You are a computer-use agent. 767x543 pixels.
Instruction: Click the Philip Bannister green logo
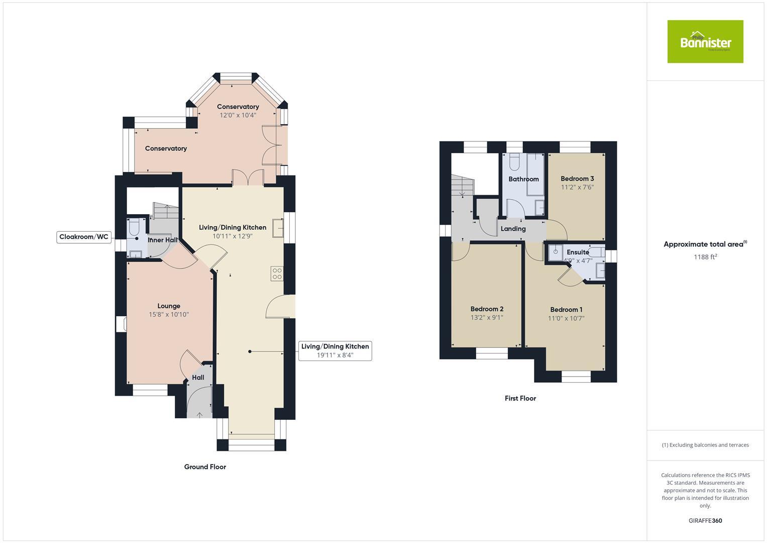[x=705, y=42]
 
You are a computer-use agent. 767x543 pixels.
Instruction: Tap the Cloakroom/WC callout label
[x=83, y=237]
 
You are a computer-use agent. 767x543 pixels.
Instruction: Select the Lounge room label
[x=169, y=306]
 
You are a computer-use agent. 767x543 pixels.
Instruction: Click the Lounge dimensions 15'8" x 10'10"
[x=169, y=315]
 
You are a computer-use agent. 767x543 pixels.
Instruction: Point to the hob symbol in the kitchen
[x=277, y=274]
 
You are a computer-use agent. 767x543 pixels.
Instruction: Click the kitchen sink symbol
[x=278, y=228]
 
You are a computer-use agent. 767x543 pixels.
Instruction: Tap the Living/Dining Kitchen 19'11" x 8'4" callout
[x=335, y=350]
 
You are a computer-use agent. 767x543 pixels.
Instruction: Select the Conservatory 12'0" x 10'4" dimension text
[x=238, y=115]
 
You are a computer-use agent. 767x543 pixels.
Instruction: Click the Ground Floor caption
[x=205, y=467]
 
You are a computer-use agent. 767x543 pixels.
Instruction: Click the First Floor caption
[x=520, y=398]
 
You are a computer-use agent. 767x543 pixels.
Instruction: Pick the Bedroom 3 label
[x=577, y=178]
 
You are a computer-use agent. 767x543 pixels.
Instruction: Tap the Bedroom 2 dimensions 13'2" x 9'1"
[x=487, y=318]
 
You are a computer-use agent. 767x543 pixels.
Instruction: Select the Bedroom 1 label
[x=566, y=310]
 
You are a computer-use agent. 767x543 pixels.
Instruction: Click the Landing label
[x=513, y=229]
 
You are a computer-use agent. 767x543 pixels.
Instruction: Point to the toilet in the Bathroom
[x=514, y=162]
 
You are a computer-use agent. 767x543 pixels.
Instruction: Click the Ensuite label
[x=578, y=252]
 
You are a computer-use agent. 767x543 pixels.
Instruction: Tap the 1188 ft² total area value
[x=705, y=257]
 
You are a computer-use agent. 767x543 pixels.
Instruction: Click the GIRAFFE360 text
[x=705, y=521]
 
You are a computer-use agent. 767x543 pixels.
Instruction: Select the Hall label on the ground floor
[x=198, y=378]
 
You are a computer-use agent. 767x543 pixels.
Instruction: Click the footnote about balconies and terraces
[x=705, y=445]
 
